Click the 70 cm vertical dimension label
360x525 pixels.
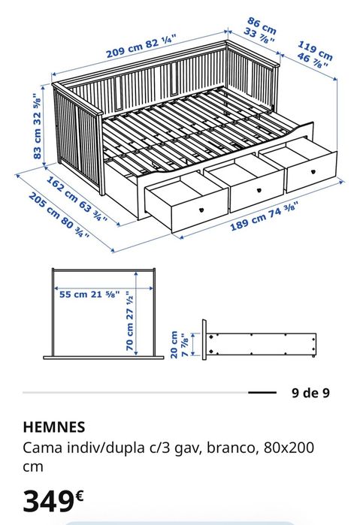point(132,321)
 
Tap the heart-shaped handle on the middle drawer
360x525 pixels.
point(259,191)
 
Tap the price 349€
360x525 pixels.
point(53,499)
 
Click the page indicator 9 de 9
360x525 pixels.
point(310,392)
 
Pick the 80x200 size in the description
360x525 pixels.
point(289,448)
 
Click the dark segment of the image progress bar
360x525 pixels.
point(262,392)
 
